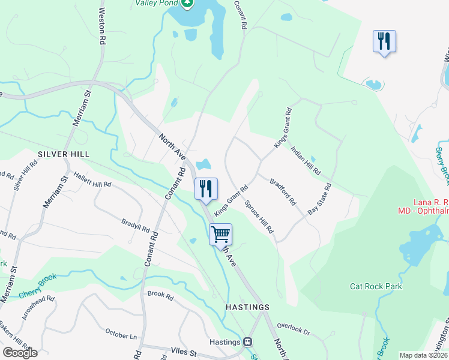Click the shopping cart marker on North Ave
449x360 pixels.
point(220,233)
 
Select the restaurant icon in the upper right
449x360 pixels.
point(384,41)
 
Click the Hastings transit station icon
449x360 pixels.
point(247,341)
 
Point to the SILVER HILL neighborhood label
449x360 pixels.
point(59,154)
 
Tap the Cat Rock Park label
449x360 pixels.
point(376,286)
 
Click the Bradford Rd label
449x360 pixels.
point(283,191)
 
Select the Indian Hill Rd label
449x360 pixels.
point(305,161)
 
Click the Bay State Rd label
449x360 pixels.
point(319,199)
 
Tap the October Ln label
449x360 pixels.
point(121,334)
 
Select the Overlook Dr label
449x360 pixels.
point(294,329)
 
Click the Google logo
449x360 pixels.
point(20,353)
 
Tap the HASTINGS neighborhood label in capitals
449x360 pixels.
point(247,307)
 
